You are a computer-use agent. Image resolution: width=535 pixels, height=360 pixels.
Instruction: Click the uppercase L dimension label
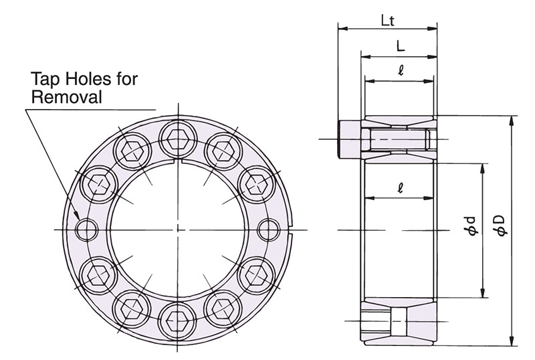(x=399, y=46)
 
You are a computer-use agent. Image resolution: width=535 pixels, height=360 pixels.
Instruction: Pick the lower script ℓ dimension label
(x=399, y=189)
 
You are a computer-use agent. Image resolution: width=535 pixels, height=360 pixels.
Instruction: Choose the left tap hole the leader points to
(x=86, y=230)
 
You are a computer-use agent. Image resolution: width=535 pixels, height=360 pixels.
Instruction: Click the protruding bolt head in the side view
(x=350, y=139)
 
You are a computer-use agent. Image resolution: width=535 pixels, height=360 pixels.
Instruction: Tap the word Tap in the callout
(x=45, y=80)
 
